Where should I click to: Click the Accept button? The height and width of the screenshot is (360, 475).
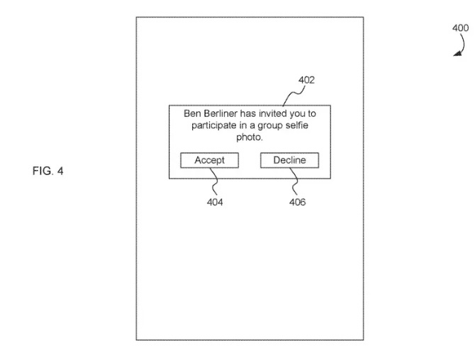[209, 161]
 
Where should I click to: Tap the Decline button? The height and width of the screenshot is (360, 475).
[289, 161]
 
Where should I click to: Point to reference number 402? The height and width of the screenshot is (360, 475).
[306, 80]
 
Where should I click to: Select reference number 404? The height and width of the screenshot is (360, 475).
[215, 203]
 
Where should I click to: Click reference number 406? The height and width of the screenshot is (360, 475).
[298, 203]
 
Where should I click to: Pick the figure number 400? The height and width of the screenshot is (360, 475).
[459, 28]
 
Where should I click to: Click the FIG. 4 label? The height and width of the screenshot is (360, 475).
[48, 171]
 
